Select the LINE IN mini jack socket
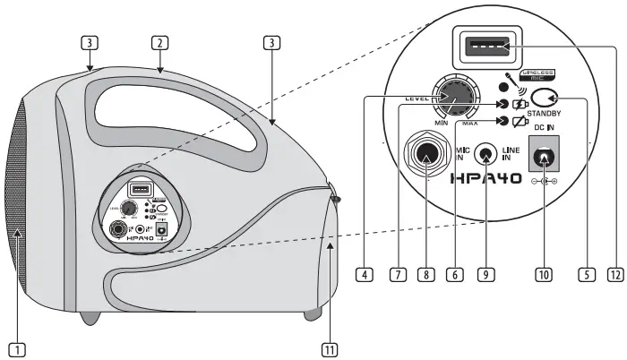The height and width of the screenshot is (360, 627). (487, 154)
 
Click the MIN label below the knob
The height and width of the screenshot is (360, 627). (440, 121)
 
